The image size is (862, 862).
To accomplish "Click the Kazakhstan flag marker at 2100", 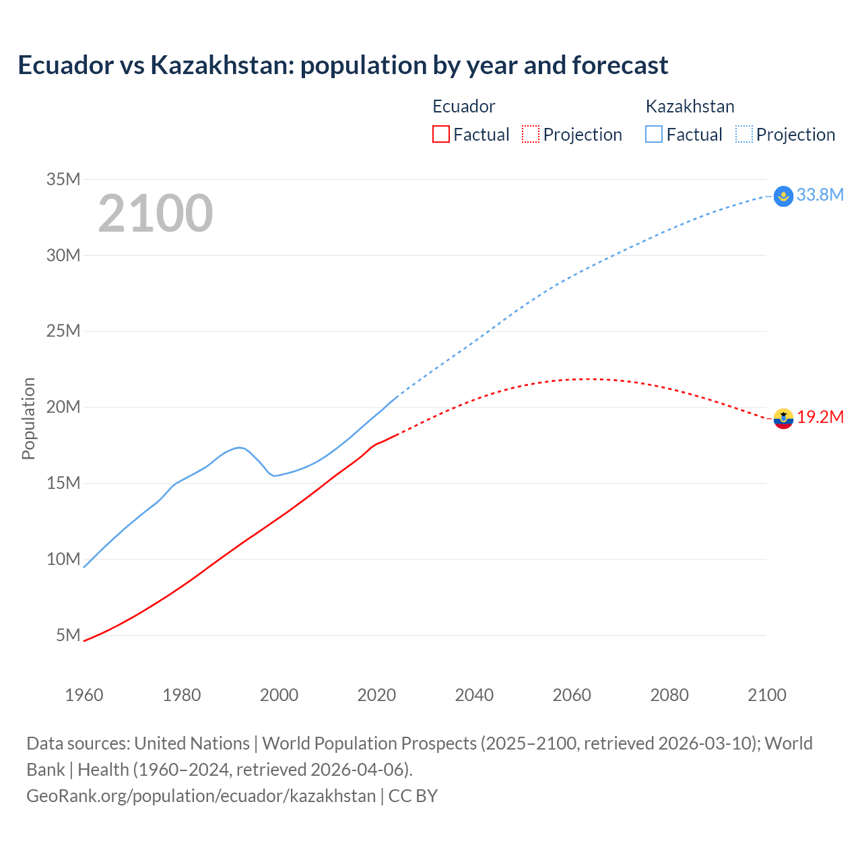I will tap(783, 196).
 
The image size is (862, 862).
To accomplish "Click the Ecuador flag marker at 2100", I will tap(783, 418).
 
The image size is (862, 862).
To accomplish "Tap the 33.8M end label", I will tap(820, 195).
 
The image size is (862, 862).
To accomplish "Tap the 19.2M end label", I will tap(820, 417).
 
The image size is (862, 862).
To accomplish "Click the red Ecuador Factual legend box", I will tap(440, 134).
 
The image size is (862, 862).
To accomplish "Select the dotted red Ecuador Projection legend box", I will tap(531, 134).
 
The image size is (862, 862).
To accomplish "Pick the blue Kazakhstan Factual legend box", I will tap(653, 134).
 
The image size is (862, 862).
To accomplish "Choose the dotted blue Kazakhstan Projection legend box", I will tap(743, 134).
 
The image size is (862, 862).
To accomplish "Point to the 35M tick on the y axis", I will tap(63, 179).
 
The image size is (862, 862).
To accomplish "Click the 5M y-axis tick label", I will tap(68, 635).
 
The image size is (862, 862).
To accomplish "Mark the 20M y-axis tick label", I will tap(63, 407).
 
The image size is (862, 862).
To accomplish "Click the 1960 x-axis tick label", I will tap(84, 695).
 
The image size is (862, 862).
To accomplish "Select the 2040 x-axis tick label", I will tap(474, 695).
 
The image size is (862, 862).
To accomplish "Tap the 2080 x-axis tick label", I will tap(669, 695).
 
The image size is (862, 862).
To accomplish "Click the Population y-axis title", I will tap(28, 418).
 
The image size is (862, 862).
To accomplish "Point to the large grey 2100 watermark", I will tap(156, 213).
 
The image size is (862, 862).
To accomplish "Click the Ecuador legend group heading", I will tap(463, 106).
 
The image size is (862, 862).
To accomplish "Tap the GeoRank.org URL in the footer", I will tap(201, 795).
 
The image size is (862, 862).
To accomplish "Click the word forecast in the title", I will tap(620, 65).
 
